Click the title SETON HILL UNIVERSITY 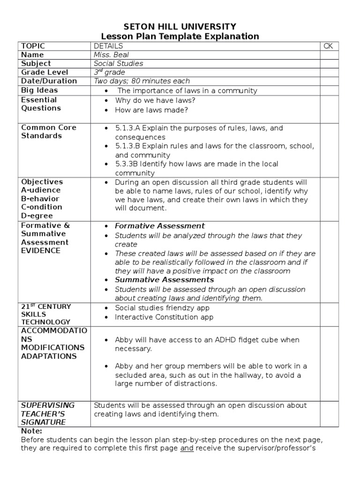(x=180, y=26)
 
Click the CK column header (x=328, y=46)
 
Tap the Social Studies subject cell (x=118, y=63)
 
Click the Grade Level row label (x=45, y=72)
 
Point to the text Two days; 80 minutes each (x=142, y=81)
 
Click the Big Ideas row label (x=39, y=90)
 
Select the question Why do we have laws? (x=155, y=101)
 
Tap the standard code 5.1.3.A (x=128, y=128)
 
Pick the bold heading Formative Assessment (x=160, y=226)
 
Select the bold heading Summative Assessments (x=164, y=280)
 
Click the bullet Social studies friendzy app (x=162, y=308)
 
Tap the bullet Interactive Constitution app (x=164, y=317)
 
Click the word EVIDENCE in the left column (x=41, y=251)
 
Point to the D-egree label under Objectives (x=37, y=216)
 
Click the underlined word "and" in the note (x=187, y=449)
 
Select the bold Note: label (x=31, y=431)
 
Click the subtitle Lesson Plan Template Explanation (x=180, y=36)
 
